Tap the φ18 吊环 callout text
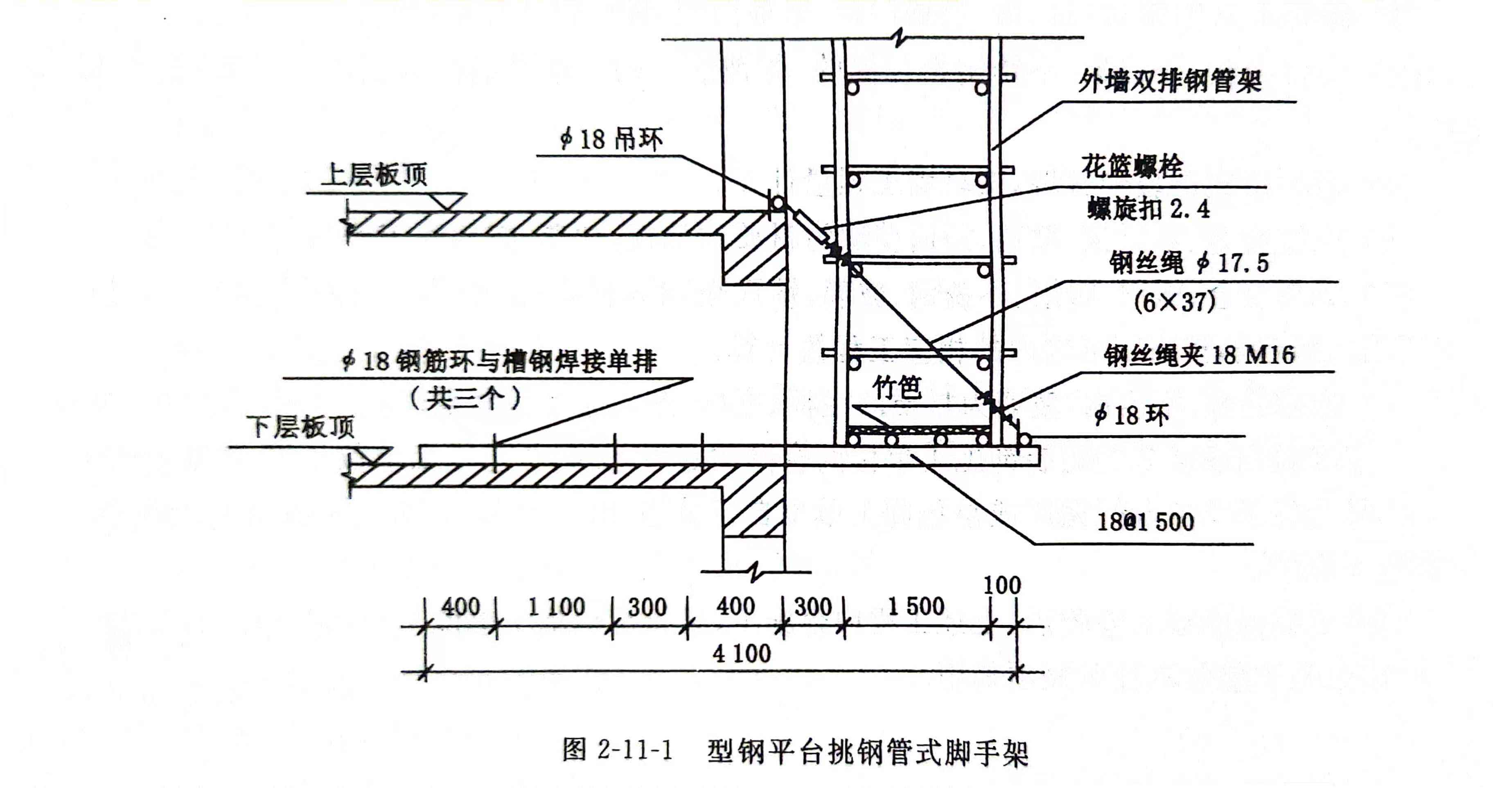tap(611, 140)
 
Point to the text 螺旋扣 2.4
tap(1148, 209)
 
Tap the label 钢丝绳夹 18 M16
tap(1199, 355)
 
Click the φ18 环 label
tap(1131, 415)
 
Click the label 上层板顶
tap(374, 174)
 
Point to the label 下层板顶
tap(300, 427)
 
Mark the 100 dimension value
tap(1001, 585)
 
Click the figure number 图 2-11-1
tap(617, 750)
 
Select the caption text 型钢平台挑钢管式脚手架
tap(867, 752)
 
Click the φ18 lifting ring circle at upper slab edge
tap(777, 204)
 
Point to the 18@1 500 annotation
tap(1145, 522)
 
